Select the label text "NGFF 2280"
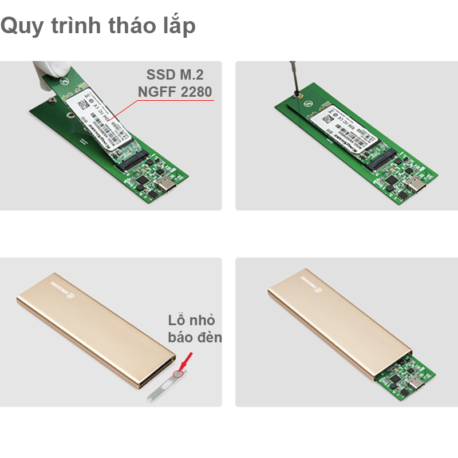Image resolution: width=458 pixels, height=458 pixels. pyautogui.click(x=175, y=92)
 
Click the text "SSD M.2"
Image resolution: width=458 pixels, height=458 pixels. pyautogui.click(x=175, y=74)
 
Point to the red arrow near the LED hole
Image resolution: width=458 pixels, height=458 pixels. pyautogui.click(x=187, y=361)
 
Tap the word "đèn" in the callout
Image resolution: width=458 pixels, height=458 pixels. pyautogui.click(x=208, y=337)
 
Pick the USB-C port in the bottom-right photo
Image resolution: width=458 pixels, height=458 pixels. pyautogui.click(x=421, y=384)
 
